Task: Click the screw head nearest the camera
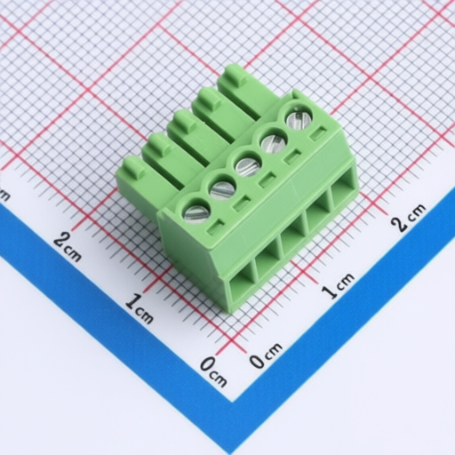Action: pos(197,212)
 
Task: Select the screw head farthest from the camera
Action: pos(299,117)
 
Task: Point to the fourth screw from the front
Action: pos(274,141)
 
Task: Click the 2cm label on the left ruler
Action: pos(68,247)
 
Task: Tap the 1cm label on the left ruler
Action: pos(139,308)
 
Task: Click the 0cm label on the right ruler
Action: pos(265,355)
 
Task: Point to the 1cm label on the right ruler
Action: pos(339,285)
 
